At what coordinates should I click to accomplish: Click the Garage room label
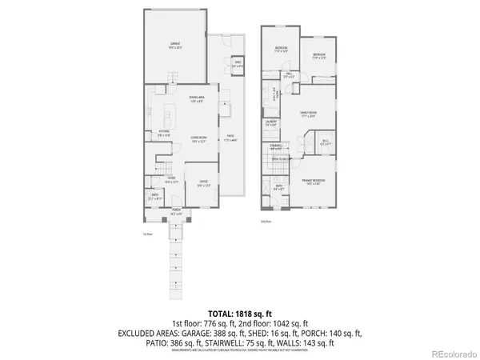(x=174, y=44)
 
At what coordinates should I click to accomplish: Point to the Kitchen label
(x=164, y=133)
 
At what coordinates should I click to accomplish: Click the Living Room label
(x=200, y=140)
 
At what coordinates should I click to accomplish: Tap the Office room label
(x=202, y=184)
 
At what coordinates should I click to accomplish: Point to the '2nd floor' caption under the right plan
(x=266, y=221)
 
